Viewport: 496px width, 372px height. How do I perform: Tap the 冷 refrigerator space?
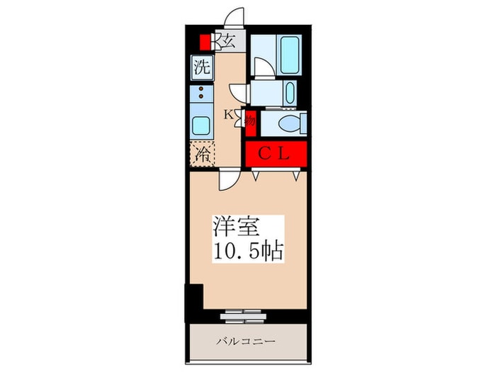(202, 154)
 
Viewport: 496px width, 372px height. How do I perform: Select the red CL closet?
(276, 153)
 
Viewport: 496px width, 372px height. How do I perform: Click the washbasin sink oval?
(288, 92)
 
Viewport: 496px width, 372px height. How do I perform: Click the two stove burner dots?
(201, 93)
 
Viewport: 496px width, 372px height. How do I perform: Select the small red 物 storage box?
(250, 120)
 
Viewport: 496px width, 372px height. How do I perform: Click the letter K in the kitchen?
(229, 113)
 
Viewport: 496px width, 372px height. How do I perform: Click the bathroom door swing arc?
(261, 68)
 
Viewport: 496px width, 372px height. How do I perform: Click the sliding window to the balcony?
(245, 312)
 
